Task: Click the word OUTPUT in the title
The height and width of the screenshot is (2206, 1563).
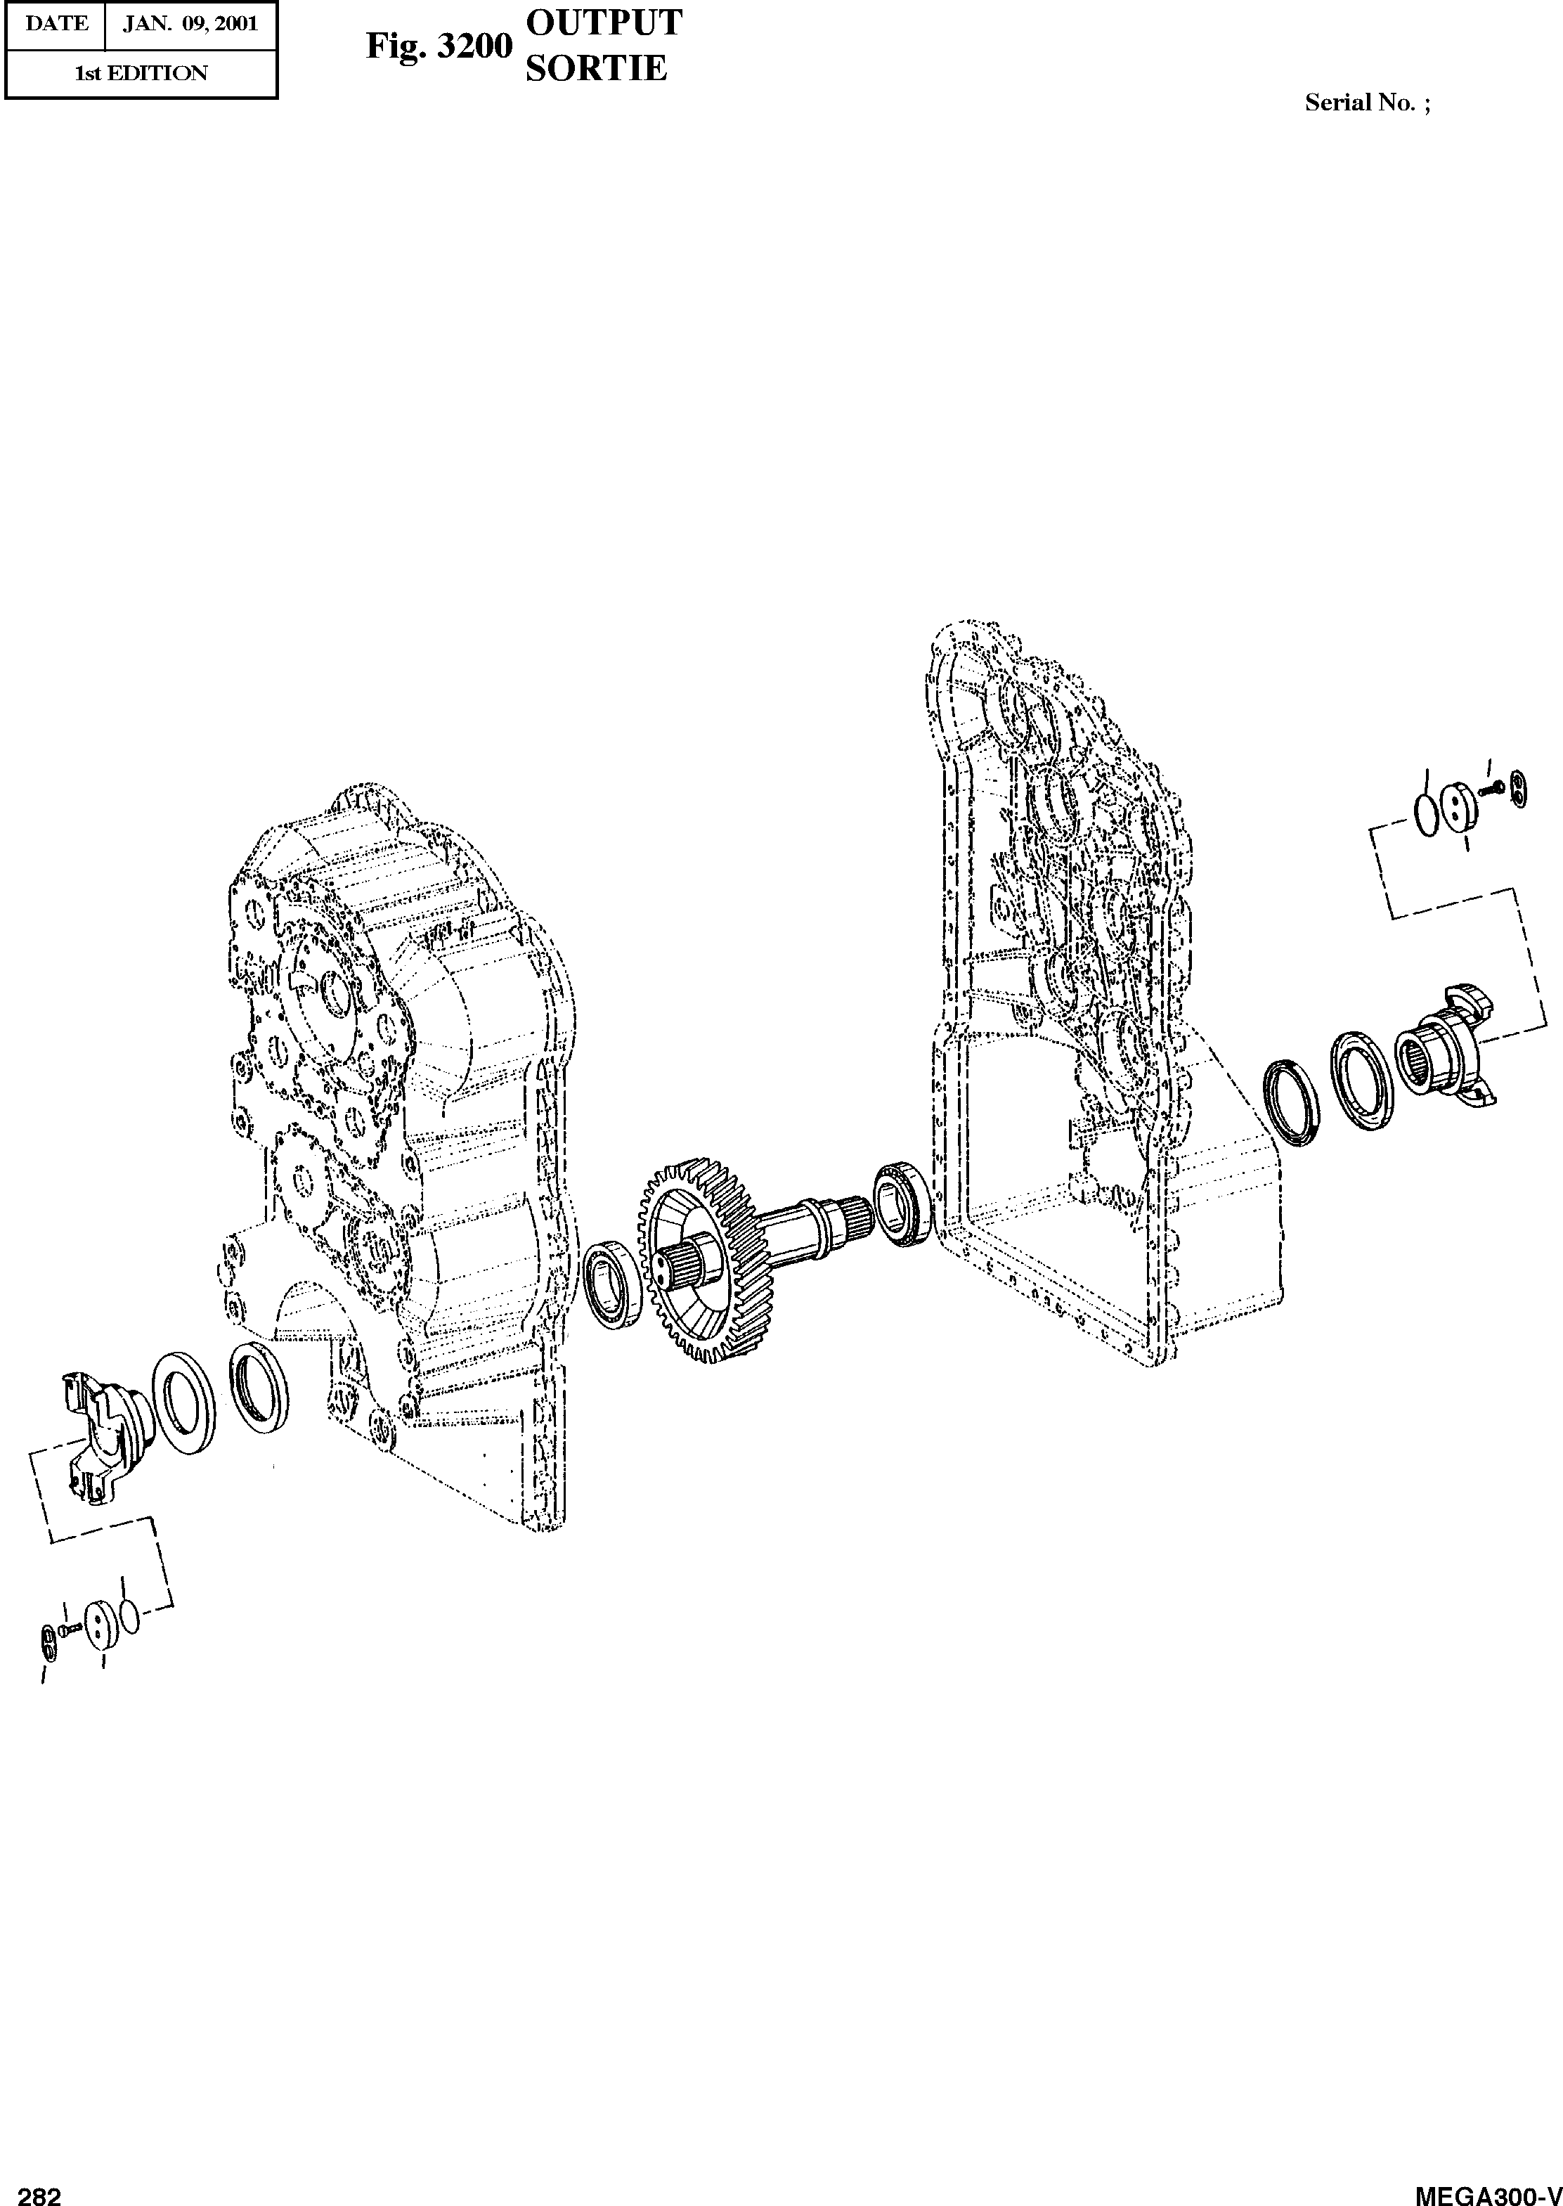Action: click(x=604, y=23)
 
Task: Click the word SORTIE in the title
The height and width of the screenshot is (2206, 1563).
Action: click(x=596, y=68)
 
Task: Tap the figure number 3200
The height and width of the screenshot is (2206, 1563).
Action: click(x=472, y=46)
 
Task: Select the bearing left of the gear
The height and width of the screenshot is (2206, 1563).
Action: click(x=608, y=1285)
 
